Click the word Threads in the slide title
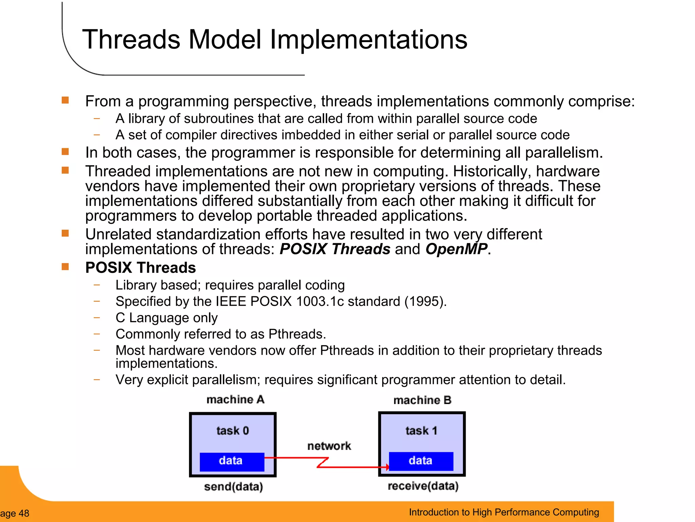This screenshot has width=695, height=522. point(131,39)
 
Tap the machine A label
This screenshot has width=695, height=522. point(235,399)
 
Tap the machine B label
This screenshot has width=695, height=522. point(422,400)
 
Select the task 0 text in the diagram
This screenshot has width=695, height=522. point(232,431)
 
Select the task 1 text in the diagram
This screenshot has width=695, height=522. point(421,431)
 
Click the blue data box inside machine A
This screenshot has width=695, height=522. point(231,462)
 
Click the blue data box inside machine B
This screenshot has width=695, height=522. point(421,461)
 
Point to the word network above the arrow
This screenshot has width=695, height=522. point(329,446)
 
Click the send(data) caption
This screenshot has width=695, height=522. point(233,487)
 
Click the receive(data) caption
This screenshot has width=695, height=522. point(423,486)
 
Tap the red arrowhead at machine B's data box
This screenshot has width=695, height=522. point(387,467)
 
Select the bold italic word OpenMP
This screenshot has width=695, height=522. point(456,249)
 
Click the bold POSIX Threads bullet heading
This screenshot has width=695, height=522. point(140,267)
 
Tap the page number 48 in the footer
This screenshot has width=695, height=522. point(24,513)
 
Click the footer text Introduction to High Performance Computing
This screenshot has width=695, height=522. point(504,512)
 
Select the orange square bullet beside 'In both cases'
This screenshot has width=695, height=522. point(65,152)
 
